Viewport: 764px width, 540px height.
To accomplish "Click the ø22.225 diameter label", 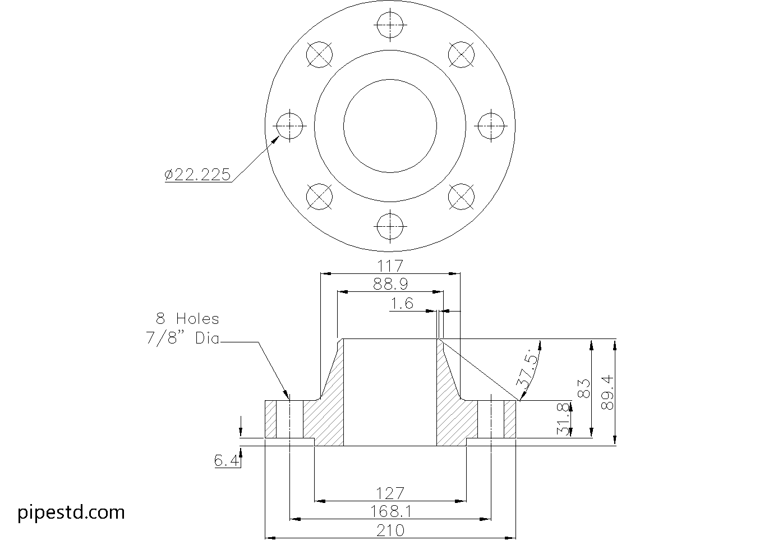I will (x=197, y=175).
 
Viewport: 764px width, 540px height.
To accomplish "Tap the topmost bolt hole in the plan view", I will (x=390, y=25).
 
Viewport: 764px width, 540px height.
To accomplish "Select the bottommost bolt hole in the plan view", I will (x=390, y=226).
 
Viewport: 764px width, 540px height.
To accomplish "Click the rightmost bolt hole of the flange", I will (x=491, y=126).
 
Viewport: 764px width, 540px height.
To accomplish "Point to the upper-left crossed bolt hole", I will (x=320, y=54).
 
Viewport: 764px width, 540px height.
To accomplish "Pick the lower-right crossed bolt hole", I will (x=462, y=196).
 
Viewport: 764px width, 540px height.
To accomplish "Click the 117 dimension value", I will (x=390, y=265).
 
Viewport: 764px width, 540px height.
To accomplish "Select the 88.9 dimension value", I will (x=390, y=284).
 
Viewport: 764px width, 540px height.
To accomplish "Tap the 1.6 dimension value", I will (x=402, y=304).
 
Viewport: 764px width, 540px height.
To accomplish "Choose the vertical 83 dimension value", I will (x=583, y=388).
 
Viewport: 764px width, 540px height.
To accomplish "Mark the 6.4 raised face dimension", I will (x=227, y=461).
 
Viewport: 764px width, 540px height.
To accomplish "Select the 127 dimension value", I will (x=390, y=493).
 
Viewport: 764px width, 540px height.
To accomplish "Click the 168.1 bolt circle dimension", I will (x=390, y=511).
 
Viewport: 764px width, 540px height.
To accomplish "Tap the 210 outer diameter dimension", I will (x=390, y=530).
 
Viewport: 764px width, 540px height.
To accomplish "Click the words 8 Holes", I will (x=187, y=319).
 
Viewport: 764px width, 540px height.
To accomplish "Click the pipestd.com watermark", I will (x=71, y=512).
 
